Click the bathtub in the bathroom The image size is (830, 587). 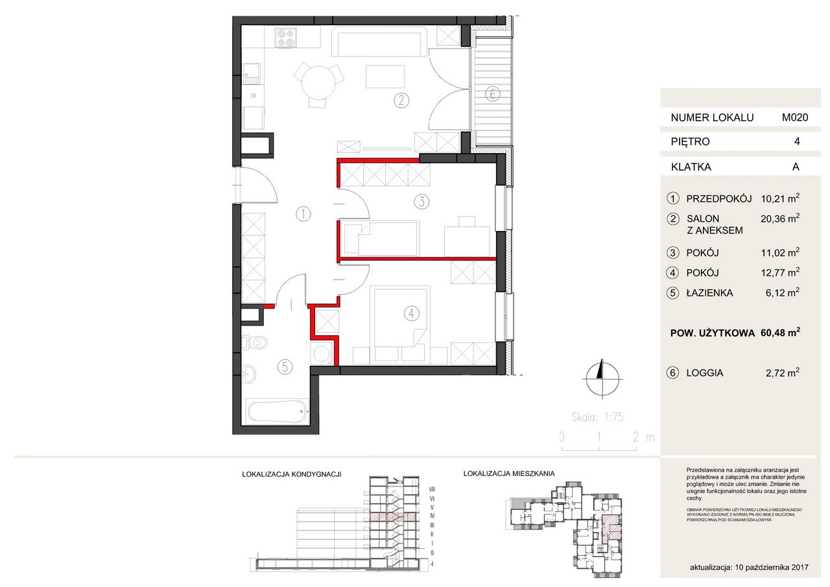277,411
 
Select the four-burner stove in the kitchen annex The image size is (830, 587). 285,38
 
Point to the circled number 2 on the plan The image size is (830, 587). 402,100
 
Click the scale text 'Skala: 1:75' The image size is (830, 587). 597,418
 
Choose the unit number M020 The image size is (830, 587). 794,117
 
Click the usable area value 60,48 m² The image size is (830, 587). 779,333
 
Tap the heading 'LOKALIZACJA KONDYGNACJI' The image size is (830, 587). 291,475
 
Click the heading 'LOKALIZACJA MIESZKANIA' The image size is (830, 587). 509,474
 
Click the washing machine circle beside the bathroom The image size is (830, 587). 321,353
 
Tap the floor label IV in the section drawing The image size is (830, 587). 431,515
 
